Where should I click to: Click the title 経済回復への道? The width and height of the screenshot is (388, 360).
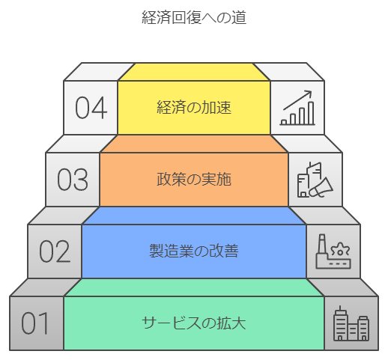point(194,17)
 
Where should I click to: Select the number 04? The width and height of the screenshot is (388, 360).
point(91,108)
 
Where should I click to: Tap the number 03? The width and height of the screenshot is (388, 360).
point(73,180)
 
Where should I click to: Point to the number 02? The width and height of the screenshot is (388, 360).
point(55,251)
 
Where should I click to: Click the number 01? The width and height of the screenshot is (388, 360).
point(34,323)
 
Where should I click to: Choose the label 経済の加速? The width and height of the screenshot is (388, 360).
point(194,108)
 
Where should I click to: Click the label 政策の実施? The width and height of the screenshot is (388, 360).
point(194,179)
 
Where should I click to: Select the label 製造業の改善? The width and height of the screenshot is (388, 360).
point(194,251)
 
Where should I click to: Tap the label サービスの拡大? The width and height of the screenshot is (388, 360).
point(194,323)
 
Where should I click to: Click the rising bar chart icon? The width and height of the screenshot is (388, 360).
point(297,108)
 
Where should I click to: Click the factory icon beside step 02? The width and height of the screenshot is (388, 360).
point(333,251)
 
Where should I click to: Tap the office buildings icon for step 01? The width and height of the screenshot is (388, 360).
point(351,323)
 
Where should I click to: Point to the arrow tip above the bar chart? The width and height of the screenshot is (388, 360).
point(312,91)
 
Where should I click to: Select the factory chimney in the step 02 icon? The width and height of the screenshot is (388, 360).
point(322,245)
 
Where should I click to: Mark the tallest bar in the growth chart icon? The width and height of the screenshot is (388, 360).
point(311,113)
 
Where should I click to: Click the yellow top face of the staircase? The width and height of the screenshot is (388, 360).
point(194,72)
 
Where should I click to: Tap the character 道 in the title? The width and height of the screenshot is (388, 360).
point(239,17)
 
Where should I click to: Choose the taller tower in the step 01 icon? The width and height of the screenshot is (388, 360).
point(340,323)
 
